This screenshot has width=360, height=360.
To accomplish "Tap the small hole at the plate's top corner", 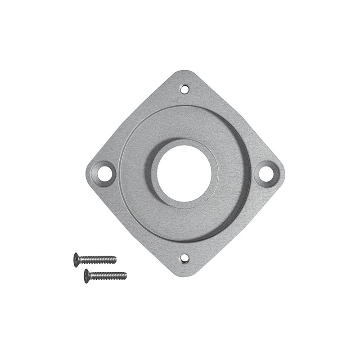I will [x=184, y=89].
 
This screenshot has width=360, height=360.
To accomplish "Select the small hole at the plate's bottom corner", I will [x=184, y=258].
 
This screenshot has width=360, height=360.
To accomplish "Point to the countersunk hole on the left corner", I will [x=104, y=173].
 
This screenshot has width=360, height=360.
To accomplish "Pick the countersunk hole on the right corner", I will [x=266, y=173].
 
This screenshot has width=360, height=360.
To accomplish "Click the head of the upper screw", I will [x=76, y=260].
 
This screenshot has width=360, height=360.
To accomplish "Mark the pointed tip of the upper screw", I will [x=116, y=259].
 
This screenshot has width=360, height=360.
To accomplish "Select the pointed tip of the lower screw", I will [x=126, y=274].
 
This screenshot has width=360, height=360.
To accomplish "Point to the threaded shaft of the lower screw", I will [x=108, y=275].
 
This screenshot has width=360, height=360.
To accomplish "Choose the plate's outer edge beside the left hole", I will [x=87, y=173].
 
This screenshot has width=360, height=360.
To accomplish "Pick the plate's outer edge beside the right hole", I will [x=283, y=173].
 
